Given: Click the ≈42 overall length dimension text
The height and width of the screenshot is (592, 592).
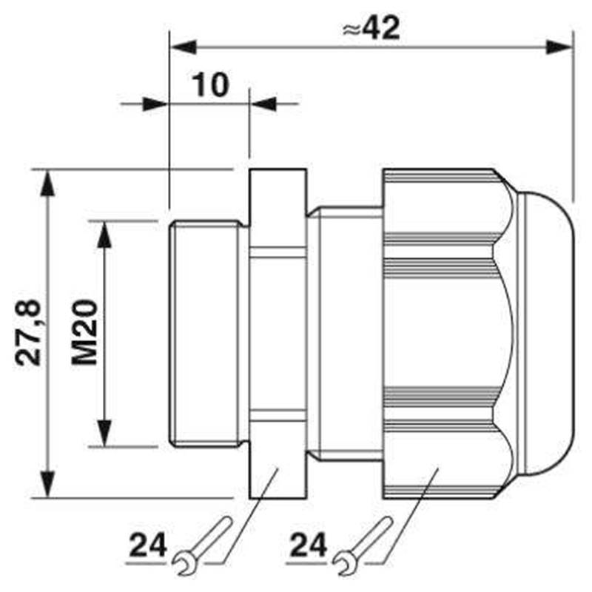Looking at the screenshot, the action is (371, 28).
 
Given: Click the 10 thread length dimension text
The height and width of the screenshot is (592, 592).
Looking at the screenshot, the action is (210, 85).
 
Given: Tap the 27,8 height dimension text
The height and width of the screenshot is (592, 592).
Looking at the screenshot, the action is (28, 332).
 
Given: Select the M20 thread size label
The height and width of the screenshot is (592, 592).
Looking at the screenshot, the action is (84, 332).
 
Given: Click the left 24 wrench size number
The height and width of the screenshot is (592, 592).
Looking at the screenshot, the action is (148, 545).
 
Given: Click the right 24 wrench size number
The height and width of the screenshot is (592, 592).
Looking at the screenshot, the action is (308, 545).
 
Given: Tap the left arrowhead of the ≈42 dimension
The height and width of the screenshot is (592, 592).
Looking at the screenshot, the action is (184, 47).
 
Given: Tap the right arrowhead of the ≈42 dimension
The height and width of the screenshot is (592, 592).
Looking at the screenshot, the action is (559, 47).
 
